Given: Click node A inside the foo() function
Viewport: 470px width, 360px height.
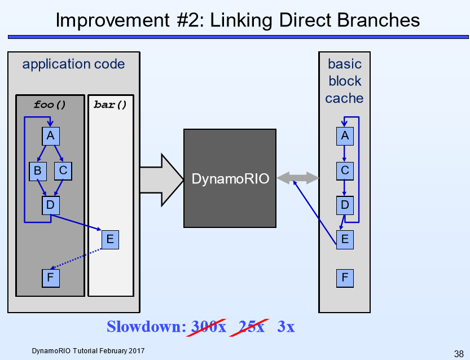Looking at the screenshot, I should (x=51, y=136).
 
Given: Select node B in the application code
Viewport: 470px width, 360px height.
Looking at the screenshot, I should (x=37, y=170).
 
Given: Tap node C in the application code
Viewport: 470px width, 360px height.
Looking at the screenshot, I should (x=63, y=170).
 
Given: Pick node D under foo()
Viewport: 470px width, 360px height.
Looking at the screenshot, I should (x=51, y=205).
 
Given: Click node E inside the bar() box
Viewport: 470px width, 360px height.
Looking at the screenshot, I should (x=110, y=239).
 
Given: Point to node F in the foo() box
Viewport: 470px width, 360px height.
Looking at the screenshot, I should (x=51, y=278).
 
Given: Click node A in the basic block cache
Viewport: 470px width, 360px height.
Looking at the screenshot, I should (x=345, y=136).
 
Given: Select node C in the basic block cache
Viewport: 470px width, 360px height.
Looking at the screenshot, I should (x=345, y=170).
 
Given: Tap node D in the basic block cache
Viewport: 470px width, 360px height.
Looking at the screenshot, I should (x=345, y=205).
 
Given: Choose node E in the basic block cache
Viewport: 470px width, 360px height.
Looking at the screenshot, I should (x=345, y=239).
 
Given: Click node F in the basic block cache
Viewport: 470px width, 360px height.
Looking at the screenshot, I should (x=345, y=278).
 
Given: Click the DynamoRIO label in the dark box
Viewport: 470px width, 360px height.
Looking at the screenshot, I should (x=230, y=179).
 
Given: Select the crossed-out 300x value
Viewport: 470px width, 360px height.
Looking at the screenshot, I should (x=209, y=327).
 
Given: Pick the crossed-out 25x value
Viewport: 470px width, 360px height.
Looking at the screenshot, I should (x=252, y=327).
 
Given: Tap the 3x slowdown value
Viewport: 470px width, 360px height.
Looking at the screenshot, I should (x=285, y=327).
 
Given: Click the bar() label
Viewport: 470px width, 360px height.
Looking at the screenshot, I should (x=110, y=104).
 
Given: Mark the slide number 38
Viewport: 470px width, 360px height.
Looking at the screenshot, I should (x=458, y=354).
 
